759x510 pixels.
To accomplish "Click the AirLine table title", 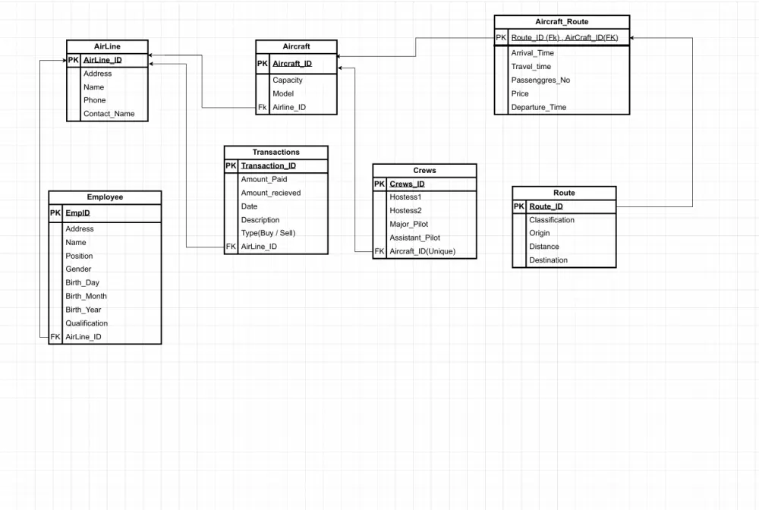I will (106, 46).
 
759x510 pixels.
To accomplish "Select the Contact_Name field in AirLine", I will (109, 114).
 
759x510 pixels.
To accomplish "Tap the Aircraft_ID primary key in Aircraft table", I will (292, 64).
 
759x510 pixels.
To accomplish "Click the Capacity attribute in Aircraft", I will (288, 80).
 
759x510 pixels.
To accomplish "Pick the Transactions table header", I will (276, 153).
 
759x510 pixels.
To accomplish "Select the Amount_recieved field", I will (270, 193).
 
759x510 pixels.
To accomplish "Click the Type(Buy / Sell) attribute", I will (268, 233).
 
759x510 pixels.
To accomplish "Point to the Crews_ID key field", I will (407, 184).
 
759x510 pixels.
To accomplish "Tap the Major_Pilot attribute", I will (409, 224).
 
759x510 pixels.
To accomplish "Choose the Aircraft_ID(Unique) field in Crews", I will (422, 251).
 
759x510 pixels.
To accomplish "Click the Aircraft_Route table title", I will (562, 22).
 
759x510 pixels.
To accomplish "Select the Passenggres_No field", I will (540, 80).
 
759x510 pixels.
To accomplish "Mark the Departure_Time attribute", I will (538, 108).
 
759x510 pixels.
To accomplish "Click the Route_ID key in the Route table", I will (546, 206).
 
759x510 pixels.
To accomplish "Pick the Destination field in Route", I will (548, 260).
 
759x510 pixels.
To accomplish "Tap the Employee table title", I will (105, 197).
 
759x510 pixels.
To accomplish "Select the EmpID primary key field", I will (77, 213).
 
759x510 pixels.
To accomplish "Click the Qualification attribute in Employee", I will (87, 323).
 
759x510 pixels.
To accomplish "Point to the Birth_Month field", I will (86, 296).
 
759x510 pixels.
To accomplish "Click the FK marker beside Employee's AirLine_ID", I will (55, 337).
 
